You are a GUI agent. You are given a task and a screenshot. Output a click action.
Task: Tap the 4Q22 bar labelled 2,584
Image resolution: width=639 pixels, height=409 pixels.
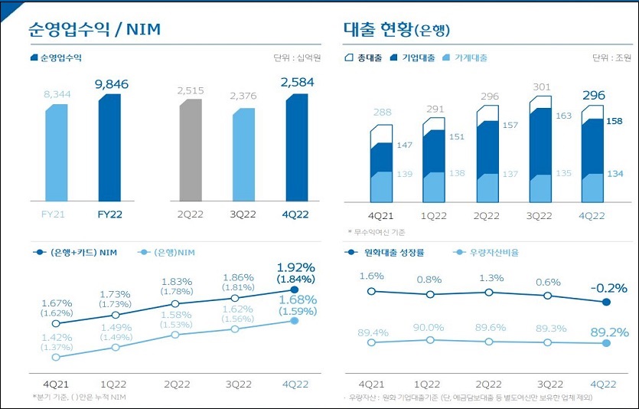[297, 146]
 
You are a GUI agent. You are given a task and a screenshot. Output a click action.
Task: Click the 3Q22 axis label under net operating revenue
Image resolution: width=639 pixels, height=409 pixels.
[243, 214]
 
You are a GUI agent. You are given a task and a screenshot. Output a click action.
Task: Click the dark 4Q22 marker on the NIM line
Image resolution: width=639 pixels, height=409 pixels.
[295, 290]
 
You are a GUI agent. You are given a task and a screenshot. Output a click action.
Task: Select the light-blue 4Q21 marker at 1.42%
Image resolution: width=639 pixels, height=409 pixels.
[56, 357]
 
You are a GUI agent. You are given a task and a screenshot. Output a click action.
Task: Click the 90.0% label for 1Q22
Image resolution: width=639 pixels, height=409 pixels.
[430, 327]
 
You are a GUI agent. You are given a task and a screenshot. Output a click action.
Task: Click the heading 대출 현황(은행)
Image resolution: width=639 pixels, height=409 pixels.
[396, 29]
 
